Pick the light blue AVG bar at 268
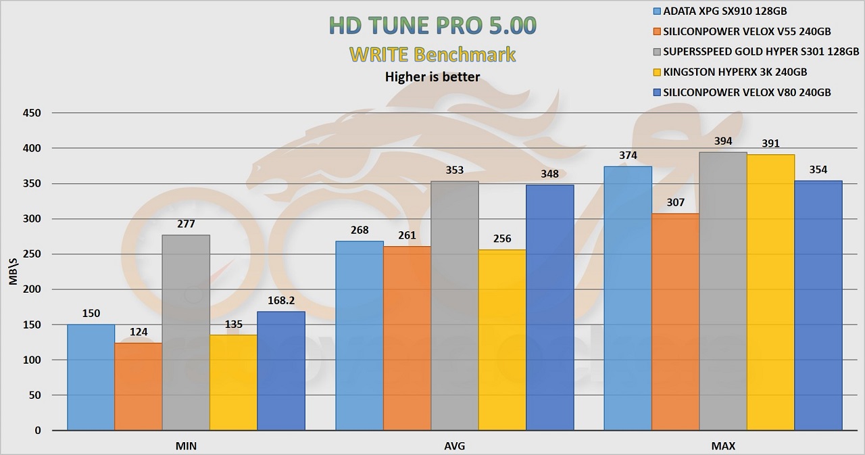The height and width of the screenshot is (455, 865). coord(360,335)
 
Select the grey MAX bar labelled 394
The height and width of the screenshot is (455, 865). coord(723,291)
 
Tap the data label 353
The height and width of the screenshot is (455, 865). coord(455,170)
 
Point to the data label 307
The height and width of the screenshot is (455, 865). coord(676,202)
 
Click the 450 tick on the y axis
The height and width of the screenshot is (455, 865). coord(32,113)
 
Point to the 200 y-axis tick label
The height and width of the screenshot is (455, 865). coord(32,289)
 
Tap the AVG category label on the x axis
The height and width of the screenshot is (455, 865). coord(455,446)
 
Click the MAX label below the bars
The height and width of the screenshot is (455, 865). coord(723,446)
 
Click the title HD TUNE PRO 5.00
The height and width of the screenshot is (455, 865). coord(432,25)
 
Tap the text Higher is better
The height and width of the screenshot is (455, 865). coord(432,76)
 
